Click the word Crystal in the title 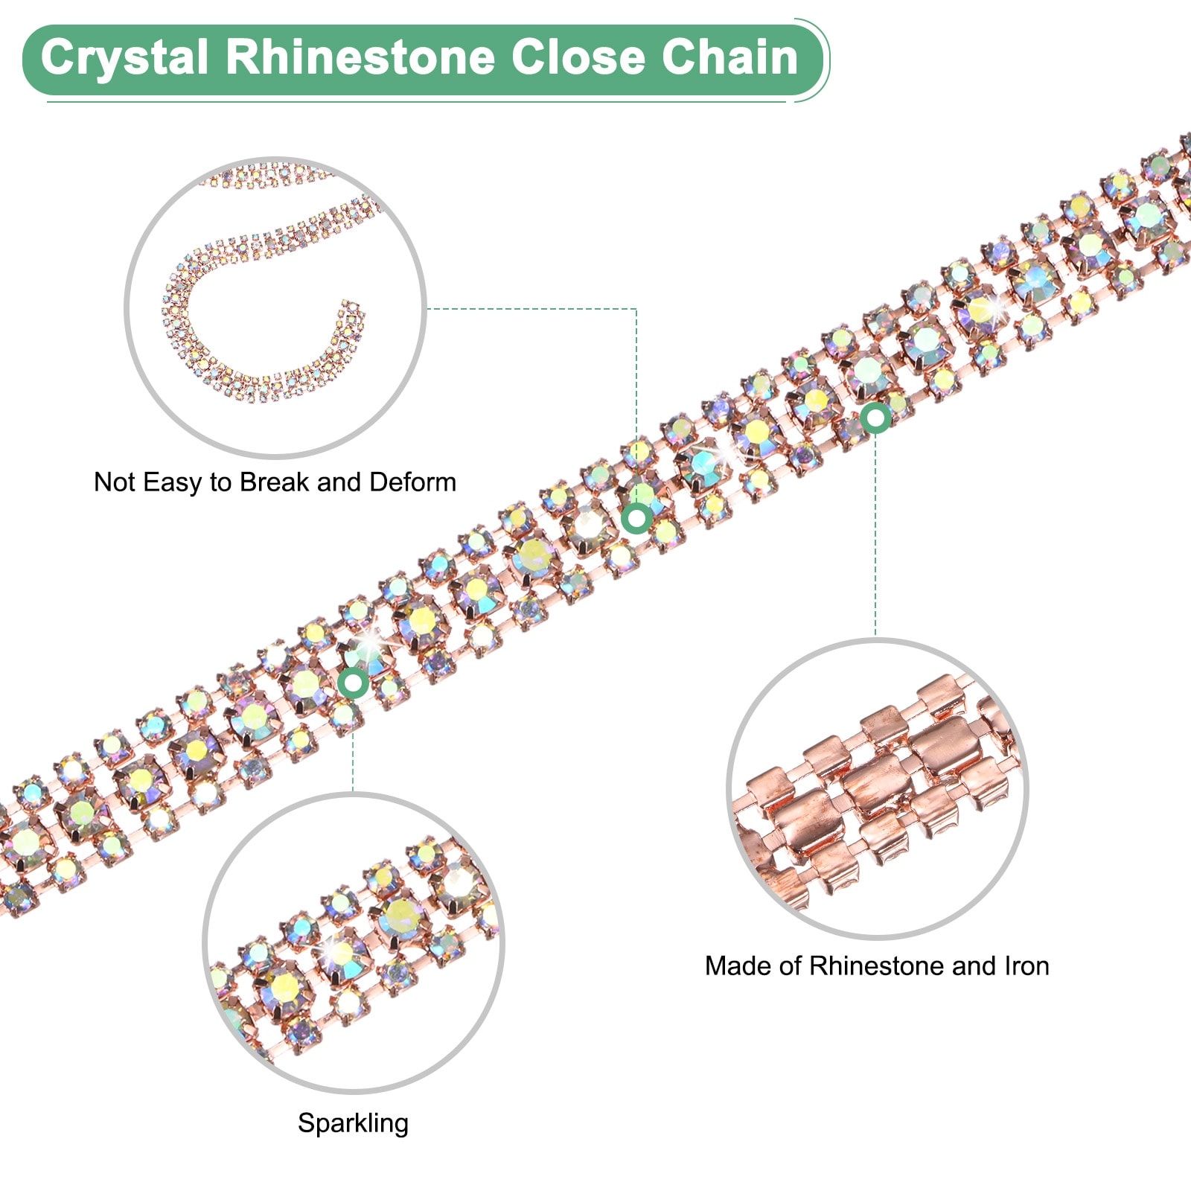pyautogui.click(x=124, y=58)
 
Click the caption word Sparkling pyautogui.click(x=353, y=1123)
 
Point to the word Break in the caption pyautogui.click(x=275, y=482)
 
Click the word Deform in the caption pyautogui.click(x=412, y=482)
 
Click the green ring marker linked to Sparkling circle pyautogui.click(x=353, y=683)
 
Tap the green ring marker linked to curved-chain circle pyautogui.click(x=637, y=518)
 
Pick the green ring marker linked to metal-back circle pyautogui.click(x=876, y=418)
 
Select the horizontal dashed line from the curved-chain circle pyautogui.click(x=531, y=308)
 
